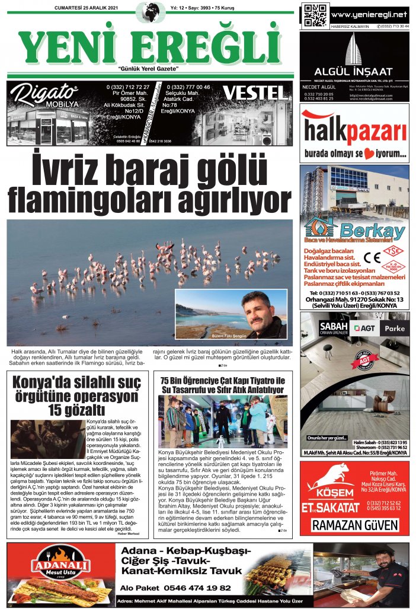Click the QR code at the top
(x=315, y=15)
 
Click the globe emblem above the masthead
(x=151, y=10)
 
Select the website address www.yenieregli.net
(x=369, y=14)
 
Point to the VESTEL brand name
(x=252, y=93)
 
